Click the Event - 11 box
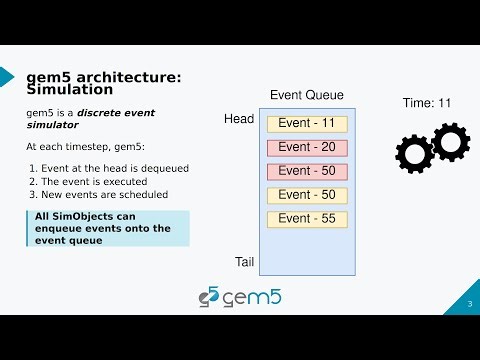pos(307,124)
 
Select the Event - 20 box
pos(307,148)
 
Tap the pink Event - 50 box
pos(307,171)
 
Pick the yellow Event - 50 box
pos(307,195)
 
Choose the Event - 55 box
pos(307,219)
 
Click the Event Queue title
pos(307,96)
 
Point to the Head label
pos(239,119)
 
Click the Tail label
pos(243,262)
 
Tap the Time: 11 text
pos(427,103)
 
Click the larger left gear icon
pos(414,154)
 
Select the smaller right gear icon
pos(449,141)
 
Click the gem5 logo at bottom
pos(239,297)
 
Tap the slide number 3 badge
pos(469,304)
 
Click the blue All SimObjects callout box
pos(106,228)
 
